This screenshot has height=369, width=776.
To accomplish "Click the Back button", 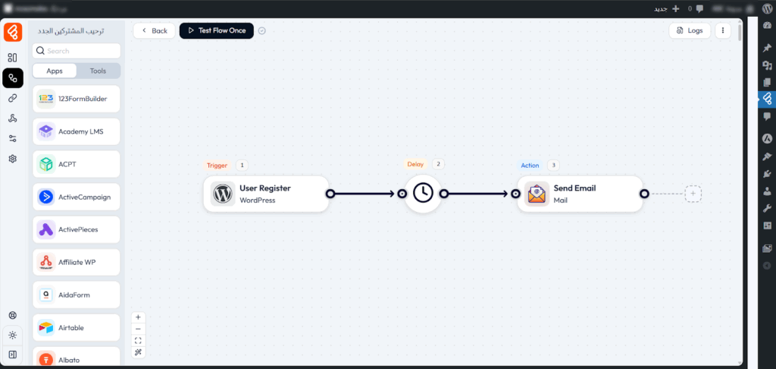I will (154, 31).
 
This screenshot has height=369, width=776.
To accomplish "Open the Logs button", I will (690, 31).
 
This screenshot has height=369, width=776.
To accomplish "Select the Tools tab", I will (98, 71).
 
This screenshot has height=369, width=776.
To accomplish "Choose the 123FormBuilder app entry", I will (77, 99).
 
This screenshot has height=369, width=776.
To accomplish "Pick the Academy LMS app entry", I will (77, 131).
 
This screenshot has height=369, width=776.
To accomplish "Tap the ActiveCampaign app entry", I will (77, 197).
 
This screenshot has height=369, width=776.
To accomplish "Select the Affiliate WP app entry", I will (77, 262).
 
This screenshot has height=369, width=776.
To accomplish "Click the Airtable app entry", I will (77, 327).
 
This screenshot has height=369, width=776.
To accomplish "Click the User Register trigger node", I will (265, 194).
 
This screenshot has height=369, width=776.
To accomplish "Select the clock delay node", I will (423, 194).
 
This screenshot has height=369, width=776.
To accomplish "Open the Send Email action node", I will (580, 194).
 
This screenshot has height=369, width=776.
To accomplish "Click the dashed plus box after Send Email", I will (693, 194).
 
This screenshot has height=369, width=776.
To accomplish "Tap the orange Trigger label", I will (217, 165).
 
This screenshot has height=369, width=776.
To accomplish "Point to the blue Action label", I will (530, 165).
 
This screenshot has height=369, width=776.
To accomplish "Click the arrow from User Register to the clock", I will (365, 194).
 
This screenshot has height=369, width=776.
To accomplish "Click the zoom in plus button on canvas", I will (138, 317).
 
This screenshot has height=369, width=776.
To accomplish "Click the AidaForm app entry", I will (77, 295).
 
